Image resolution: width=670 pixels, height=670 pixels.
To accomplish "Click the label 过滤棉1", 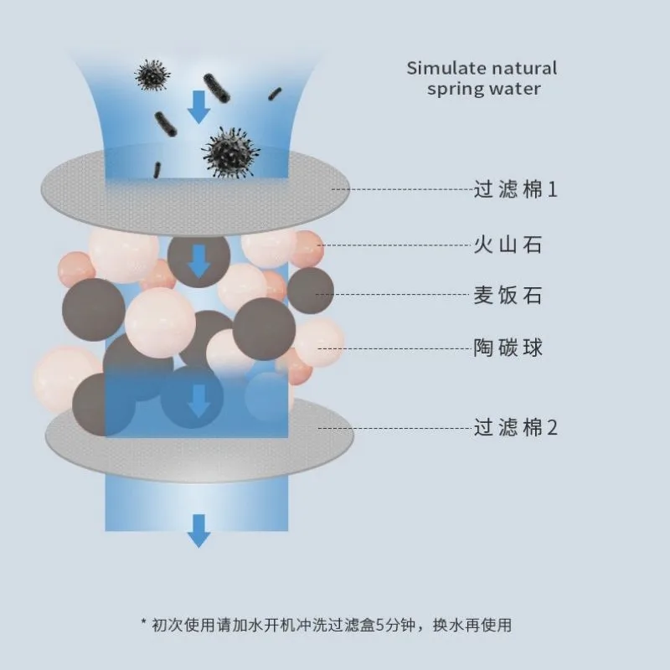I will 515,189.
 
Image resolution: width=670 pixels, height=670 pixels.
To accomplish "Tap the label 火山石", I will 508,245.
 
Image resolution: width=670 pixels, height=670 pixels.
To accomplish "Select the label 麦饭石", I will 508,295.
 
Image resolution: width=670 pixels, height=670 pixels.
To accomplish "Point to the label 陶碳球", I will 508,347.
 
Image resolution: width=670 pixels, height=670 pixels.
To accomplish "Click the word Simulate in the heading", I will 442,68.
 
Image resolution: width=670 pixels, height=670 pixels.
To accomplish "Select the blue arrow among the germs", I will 198,106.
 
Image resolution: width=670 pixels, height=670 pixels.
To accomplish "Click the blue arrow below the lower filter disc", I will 198,529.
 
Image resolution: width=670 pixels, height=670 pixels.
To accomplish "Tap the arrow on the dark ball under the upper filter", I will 198,261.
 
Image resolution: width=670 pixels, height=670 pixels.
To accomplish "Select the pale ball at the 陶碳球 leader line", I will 319,343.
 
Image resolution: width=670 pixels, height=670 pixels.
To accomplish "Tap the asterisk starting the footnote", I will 144,625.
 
